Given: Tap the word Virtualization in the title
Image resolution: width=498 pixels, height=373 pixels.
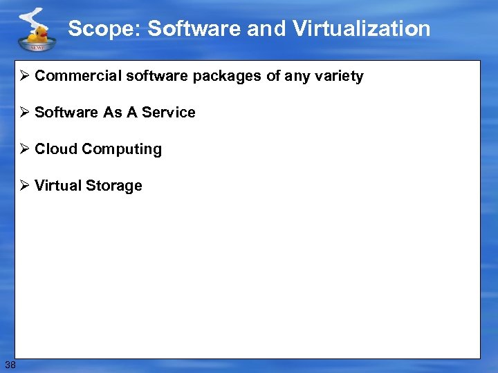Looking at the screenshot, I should click(x=361, y=29).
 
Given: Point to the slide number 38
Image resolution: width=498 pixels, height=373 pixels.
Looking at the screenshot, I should click(x=10, y=364).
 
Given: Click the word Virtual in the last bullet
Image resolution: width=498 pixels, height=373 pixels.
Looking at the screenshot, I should click(x=58, y=186).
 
